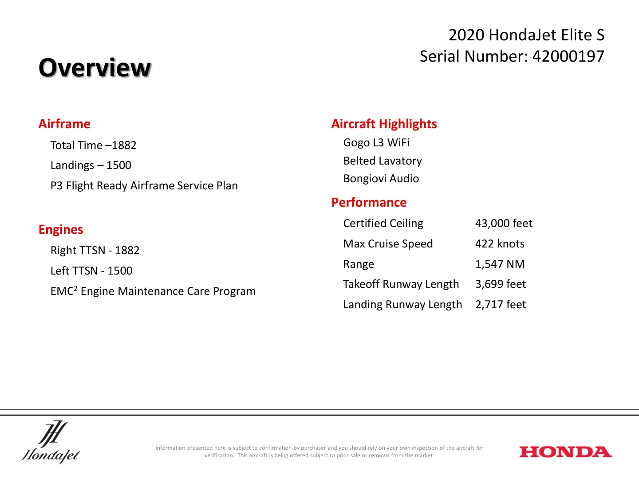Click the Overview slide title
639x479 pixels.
[95, 68]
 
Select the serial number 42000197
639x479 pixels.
[568, 56]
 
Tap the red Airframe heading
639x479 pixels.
[64, 124]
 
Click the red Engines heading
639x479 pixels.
[61, 229]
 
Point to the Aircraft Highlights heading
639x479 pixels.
[384, 124]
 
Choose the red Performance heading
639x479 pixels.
[369, 202]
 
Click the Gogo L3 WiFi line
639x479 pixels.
[376, 143]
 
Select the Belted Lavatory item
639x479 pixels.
[383, 161]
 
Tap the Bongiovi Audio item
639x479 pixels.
[381, 178]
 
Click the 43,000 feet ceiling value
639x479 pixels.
[504, 223]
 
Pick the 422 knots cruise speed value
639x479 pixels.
[500, 243]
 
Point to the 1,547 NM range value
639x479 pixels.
[500, 264]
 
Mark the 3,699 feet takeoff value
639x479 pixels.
[501, 284]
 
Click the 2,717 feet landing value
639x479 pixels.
[501, 304]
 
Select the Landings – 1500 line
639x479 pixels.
[91, 165]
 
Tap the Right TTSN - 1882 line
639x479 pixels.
[95, 251]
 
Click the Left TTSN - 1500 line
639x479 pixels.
[91, 271]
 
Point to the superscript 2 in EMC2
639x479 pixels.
[75, 288]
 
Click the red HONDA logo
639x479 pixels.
[565, 452]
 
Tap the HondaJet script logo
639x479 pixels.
[51, 442]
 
